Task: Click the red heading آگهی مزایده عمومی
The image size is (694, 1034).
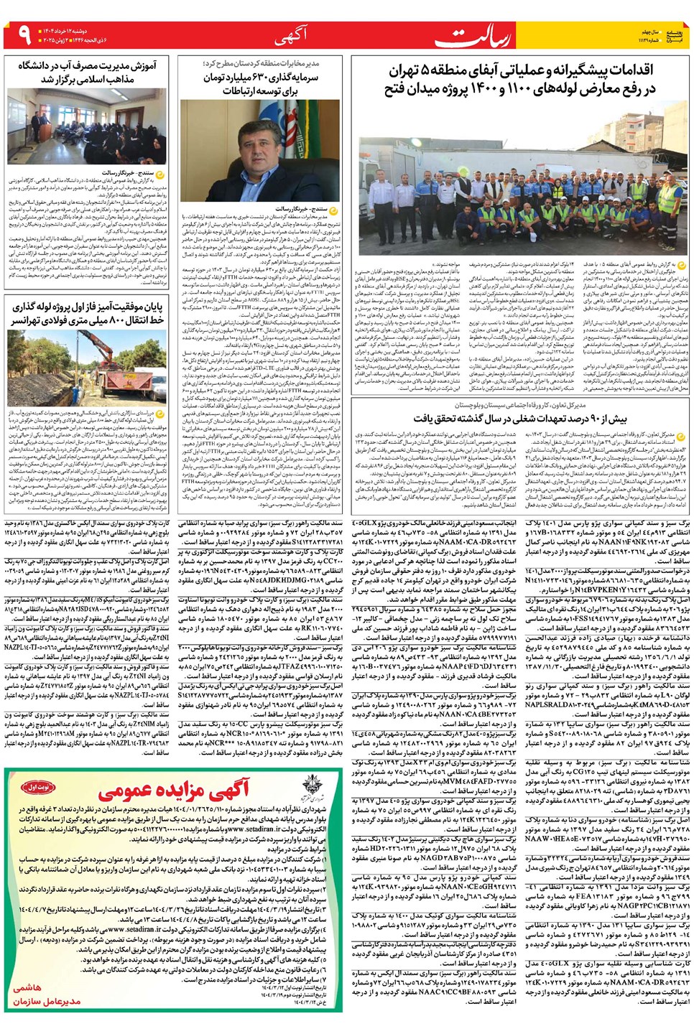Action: pos(172,791)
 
